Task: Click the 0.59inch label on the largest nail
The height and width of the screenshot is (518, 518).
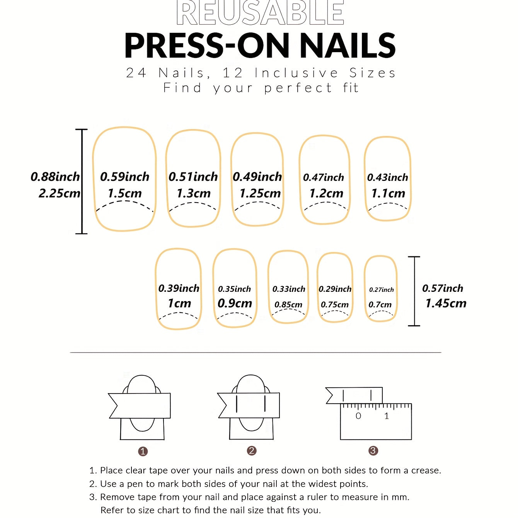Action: tap(124, 177)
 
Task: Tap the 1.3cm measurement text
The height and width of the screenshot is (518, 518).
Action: tap(193, 193)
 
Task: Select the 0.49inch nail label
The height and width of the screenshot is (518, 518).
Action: tap(257, 177)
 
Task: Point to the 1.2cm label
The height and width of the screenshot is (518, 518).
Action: tap(326, 193)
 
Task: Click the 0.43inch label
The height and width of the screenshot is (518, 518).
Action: tap(387, 177)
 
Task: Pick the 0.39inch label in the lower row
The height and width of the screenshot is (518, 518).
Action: tap(179, 288)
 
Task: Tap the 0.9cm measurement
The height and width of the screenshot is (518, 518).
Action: tap(235, 303)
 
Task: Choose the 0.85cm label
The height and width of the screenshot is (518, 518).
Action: tap(288, 305)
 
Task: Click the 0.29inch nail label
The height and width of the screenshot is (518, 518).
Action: tap(335, 289)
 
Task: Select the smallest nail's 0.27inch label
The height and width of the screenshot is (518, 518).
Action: tap(381, 290)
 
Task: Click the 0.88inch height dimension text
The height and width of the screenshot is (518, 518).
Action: tap(55, 177)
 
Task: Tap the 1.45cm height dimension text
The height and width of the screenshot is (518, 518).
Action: tap(446, 303)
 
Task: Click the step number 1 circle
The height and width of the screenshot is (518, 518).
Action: tap(143, 451)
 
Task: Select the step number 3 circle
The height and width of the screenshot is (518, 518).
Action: tap(373, 450)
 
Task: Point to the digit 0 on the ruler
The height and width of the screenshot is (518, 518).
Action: tap(358, 416)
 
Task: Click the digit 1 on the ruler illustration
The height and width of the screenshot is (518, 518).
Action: tap(387, 416)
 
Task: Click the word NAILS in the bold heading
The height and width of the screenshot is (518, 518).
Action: tap(348, 46)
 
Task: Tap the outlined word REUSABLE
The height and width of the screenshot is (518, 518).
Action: tap(260, 13)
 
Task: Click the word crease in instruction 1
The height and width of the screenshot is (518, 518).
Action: tap(426, 470)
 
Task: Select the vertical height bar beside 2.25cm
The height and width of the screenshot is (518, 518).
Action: tap(82, 181)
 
